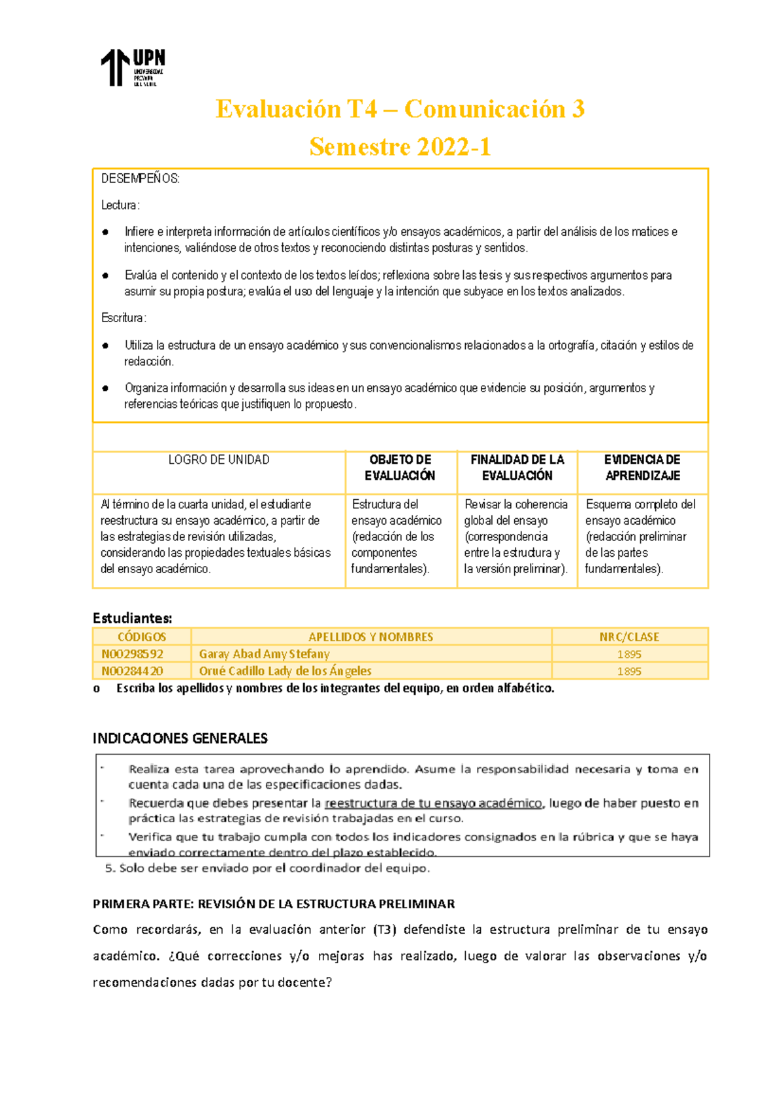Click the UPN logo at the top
[133, 67]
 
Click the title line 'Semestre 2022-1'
[400, 147]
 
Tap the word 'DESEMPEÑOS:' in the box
[140, 179]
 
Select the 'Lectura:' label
[120, 205]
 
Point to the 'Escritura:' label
[123, 318]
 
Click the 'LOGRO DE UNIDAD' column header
[219, 460]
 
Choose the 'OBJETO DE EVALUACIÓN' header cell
[400, 468]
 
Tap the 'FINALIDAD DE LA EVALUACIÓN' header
[517, 468]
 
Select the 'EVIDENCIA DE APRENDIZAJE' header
[642, 468]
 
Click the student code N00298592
[132, 654]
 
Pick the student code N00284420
[132, 671]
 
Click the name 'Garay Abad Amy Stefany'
[264, 654]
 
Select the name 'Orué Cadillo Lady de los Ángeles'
[285, 671]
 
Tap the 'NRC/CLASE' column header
[629, 637]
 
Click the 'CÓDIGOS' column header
[142, 637]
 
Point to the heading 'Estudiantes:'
[132, 618]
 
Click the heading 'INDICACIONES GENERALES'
[180, 738]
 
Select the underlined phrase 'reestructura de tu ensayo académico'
[433, 803]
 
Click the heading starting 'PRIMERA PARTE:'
[274, 904]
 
